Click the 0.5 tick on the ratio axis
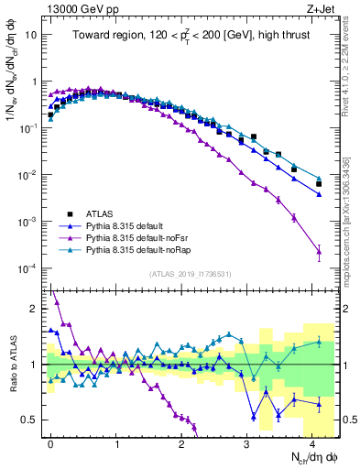click(x=29, y=420)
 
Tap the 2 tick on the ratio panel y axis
click(x=34, y=309)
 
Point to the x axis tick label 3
click(x=247, y=442)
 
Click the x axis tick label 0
click(x=50, y=442)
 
